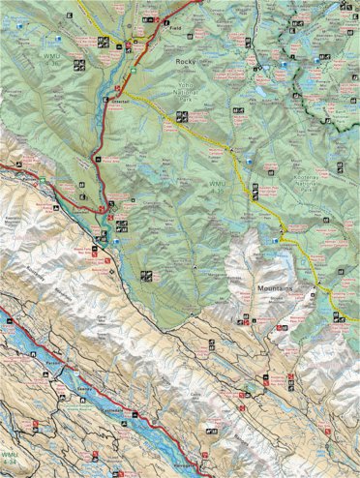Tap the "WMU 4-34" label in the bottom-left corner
pyautogui.click(x=10, y=457)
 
